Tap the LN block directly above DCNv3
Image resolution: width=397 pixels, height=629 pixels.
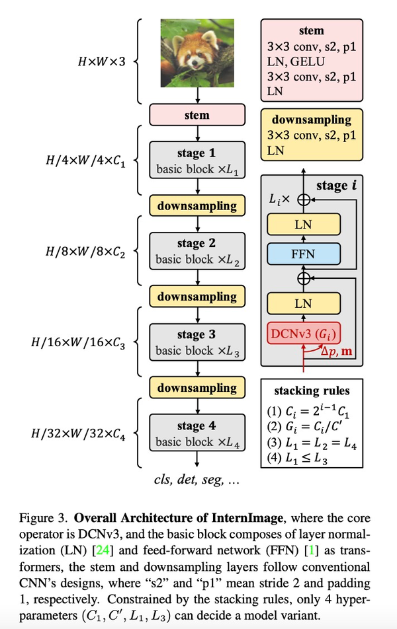303,303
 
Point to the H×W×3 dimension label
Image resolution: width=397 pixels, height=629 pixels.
103,62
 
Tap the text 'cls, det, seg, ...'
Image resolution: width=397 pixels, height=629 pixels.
195,480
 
